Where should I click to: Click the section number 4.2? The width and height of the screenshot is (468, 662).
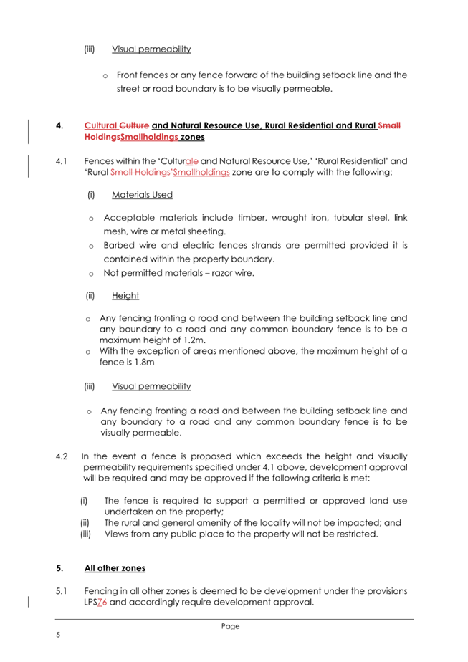62,456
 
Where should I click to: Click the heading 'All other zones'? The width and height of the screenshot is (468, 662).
115,568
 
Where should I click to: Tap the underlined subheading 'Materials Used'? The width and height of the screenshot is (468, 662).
142,194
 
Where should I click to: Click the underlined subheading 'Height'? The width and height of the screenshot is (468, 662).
125,295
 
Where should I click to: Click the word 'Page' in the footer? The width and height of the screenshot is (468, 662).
230,626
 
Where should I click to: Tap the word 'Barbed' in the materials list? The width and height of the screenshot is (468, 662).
119,245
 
